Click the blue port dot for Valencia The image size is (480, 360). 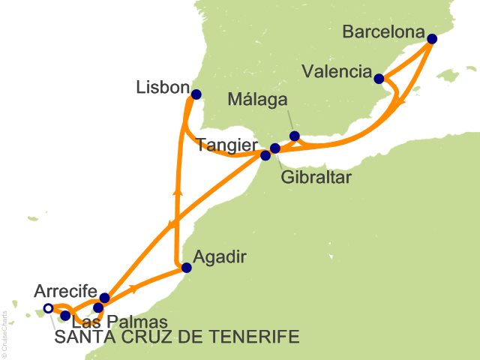coord(379,79)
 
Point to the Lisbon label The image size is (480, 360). coord(161,88)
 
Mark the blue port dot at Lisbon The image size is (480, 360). coord(196,94)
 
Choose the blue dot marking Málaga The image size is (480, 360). coord(295,136)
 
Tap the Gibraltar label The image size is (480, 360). coord(316,178)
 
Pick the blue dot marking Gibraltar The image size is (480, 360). coord(275,148)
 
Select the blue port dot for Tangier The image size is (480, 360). coord(265,156)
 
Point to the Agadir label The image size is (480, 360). coord(220,256)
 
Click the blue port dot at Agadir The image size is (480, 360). coord(187,268)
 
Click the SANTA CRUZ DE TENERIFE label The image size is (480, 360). coord(177,337)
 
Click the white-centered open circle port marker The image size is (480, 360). coord(49,308)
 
